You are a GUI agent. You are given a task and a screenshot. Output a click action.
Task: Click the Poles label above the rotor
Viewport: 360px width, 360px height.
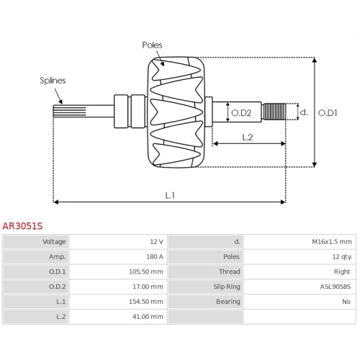(152, 45)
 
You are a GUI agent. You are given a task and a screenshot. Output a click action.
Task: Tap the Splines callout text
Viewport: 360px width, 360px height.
(53, 81)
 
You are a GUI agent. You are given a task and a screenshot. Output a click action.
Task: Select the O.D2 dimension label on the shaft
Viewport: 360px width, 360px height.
(241, 113)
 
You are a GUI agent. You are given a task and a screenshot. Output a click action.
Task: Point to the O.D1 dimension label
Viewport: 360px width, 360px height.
(328, 113)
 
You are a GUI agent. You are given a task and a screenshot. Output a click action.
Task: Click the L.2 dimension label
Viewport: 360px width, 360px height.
(248, 138)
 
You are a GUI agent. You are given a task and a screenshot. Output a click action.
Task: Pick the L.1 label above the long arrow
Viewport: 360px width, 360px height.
(170, 195)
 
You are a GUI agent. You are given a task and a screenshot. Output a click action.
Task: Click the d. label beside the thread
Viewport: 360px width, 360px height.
(304, 112)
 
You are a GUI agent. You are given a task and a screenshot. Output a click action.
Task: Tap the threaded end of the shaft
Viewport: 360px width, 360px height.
(274, 112)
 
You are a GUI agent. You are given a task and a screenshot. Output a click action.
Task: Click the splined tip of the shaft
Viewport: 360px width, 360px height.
(70, 112)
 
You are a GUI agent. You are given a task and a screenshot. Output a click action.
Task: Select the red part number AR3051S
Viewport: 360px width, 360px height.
(22, 226)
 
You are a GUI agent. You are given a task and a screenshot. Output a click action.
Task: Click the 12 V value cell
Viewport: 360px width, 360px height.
(156, 242)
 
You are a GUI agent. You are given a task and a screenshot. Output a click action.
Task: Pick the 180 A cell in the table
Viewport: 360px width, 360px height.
(155, 257)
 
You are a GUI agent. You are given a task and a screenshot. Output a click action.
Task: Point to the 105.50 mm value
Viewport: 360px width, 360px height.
(146, 271)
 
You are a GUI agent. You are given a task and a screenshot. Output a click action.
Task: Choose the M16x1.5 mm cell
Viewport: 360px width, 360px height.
(332, 242)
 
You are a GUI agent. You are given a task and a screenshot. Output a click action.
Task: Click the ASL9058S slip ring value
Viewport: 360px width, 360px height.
(336, 287)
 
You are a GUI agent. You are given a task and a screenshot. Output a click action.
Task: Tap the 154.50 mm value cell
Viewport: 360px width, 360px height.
(146, 302)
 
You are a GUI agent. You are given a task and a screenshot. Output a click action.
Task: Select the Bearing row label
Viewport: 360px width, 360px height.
(228, 302)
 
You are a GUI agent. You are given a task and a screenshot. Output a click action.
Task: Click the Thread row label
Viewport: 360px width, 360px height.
(230, 271)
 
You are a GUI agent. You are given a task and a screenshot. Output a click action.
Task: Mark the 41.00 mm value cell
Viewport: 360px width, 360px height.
(148, 317)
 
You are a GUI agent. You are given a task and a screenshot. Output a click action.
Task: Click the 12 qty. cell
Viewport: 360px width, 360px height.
(342, 257)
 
